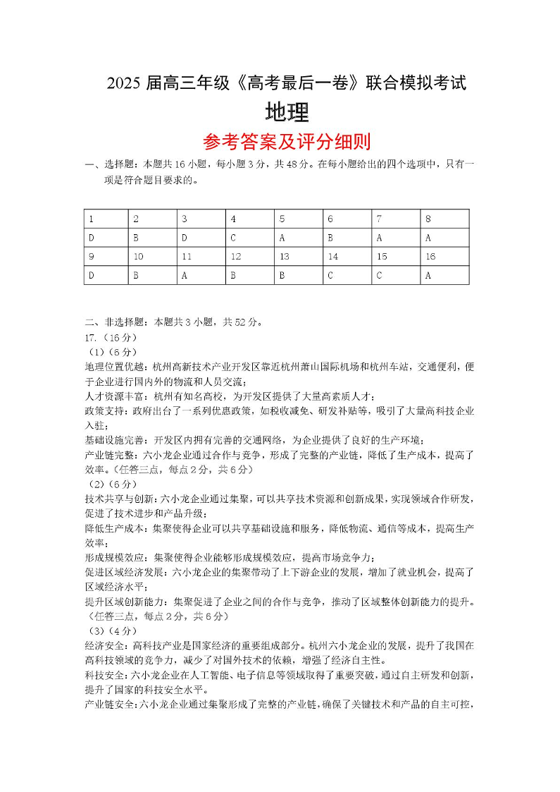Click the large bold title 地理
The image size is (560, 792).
pyautogui.click(x=287, y=113)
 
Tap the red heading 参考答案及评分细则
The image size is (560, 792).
pyautogui.click(x=287, y=142)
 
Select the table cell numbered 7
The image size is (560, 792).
pyautogui.click(x=396, y=219)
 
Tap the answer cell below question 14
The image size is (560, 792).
pyautogui.click(x=347, y=276)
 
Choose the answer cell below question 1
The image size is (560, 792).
pyautogui.click(x=106, y=238)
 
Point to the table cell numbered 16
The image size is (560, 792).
pyautogui.click(x=444, y=257)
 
